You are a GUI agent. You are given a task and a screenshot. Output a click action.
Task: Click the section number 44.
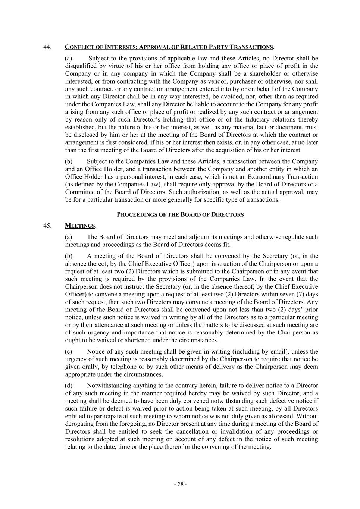click(47, 47)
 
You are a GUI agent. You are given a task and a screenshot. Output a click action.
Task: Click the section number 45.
click(47, 226)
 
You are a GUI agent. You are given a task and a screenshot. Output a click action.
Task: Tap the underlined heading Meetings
click(80, 226)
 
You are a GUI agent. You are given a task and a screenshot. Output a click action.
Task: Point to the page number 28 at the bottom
click(181, 484)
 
